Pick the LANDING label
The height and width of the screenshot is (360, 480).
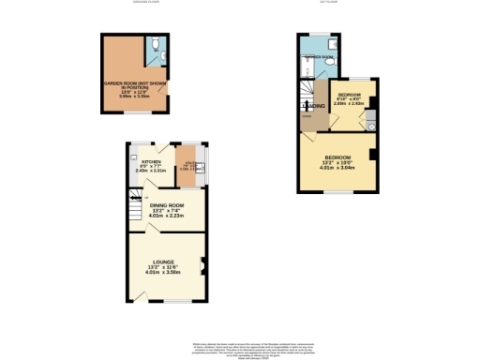click(317, 105)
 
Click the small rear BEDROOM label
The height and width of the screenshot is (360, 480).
click(350, 95)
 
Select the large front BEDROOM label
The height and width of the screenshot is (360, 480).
click(337, 157)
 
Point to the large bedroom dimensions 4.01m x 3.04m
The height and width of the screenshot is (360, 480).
click(337, 170)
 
